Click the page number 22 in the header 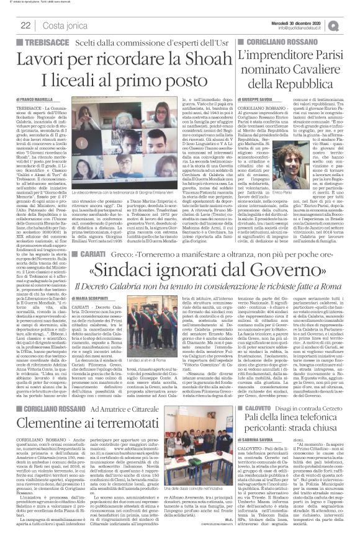pyautogui.click(x=26, y=24)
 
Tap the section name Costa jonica pyautogui.click(x=61, y=24)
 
